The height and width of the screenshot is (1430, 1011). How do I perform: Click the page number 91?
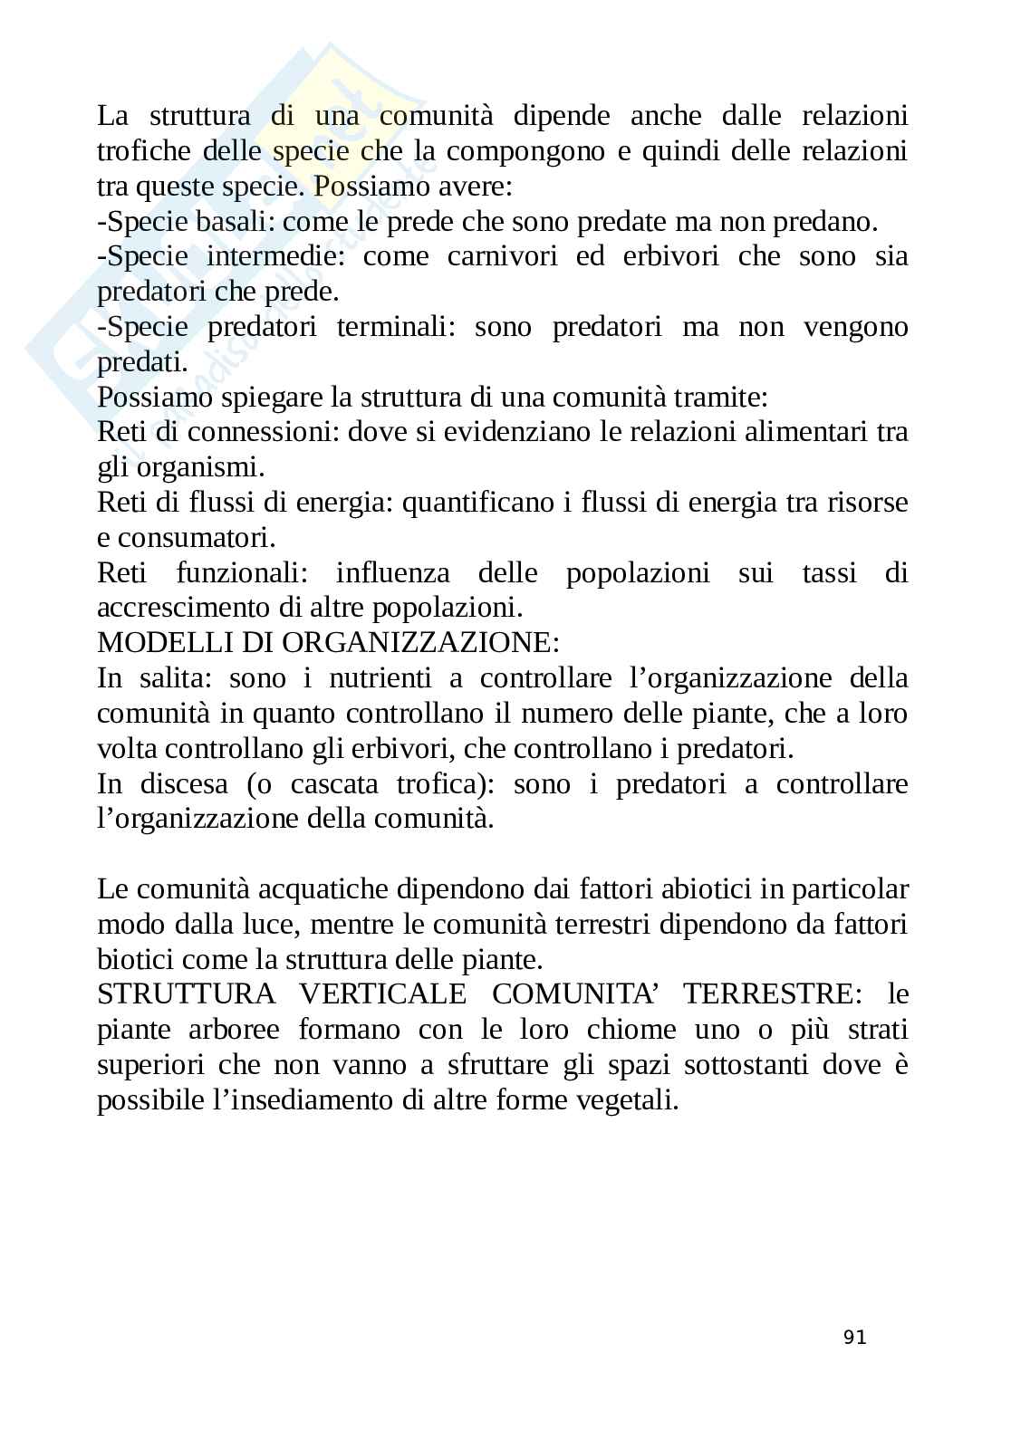tap(854, 1337)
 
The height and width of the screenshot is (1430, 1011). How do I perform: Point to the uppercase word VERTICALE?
tap(382, 994)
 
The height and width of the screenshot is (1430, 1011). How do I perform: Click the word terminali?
tap(397, 327)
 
